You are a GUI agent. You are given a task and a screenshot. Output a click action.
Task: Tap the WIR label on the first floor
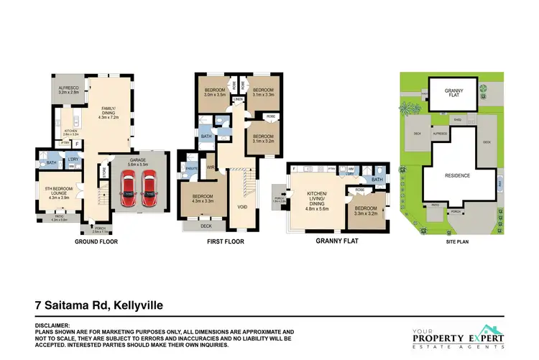coord(211,167)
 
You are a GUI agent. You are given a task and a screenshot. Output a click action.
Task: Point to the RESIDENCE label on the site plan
coord(457,175)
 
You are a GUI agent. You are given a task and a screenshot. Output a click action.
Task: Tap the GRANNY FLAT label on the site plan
coord(452,93)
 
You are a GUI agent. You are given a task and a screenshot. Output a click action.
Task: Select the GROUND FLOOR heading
coord(96,242)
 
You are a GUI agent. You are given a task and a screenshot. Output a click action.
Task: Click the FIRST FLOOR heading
coord(225,242)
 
